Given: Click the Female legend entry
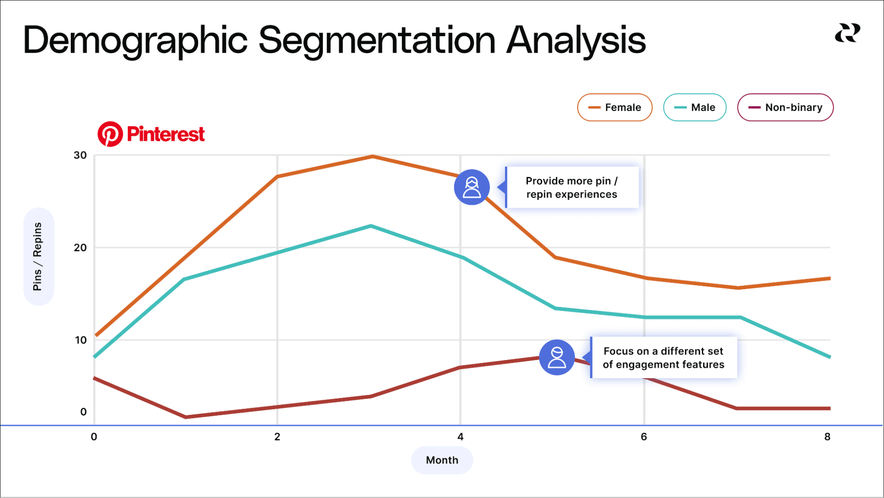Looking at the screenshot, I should [x=615, y=107].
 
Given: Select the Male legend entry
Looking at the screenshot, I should [x=694, y=107].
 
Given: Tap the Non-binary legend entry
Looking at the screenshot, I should [x=785, y=107].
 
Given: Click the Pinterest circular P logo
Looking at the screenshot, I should [x=110, y=134].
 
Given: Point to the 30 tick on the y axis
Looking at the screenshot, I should [x=80, y=155].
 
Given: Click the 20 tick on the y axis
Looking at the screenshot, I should [x=80, y=248].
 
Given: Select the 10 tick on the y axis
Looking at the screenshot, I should [x=80, y=340].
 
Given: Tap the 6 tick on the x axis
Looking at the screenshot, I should [x=644, y=437].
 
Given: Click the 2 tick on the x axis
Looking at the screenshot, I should [x=277, y=437].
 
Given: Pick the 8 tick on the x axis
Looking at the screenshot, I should [x=827, y=437].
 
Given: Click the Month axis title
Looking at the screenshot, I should [x=442, y=460].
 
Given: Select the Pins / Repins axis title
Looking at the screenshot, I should [x=38, y=257].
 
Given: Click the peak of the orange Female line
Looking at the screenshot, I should [x=373, y=156].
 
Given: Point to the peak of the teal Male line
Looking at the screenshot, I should [x=371, y=226].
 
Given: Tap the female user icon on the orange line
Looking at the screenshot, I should [x=472, y=187].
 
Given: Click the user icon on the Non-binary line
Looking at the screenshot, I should [x=557, y=357].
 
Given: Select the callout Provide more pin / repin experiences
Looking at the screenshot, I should [x=572, y=188].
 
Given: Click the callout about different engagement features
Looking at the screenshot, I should [x=663, y=357].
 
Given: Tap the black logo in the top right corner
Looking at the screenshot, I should [x=847, y=33].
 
